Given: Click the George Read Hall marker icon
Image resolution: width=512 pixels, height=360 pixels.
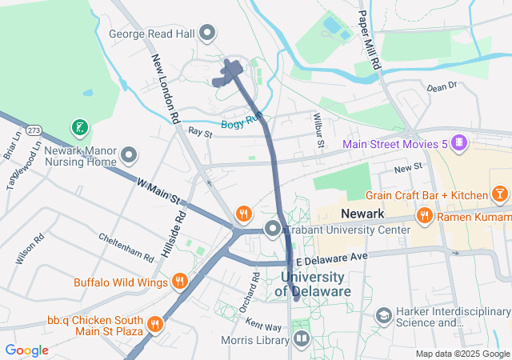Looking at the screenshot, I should coord(208,33).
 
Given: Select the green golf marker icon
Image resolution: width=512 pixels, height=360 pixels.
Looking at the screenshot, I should coord(79,126).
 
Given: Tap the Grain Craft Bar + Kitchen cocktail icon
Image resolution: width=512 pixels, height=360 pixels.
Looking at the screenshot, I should coord(499,194).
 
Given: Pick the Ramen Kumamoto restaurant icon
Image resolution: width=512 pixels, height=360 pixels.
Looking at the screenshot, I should coord(424,215).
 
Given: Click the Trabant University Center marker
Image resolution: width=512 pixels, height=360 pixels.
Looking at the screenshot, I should coord(273,230).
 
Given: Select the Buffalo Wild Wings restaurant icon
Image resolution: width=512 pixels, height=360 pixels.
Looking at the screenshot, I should coord(179,282).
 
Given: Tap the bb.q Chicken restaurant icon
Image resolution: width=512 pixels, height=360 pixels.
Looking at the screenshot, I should coord(154,324).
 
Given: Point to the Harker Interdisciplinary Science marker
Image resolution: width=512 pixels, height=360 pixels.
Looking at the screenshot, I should coord(384,316).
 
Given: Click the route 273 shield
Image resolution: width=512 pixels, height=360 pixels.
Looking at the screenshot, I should coord(34,129).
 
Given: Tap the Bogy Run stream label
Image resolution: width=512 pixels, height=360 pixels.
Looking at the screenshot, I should coord(242,122).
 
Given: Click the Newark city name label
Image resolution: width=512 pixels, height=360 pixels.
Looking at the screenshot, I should coord(363,214).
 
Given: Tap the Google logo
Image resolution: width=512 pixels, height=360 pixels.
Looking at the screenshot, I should coord(27,350).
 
